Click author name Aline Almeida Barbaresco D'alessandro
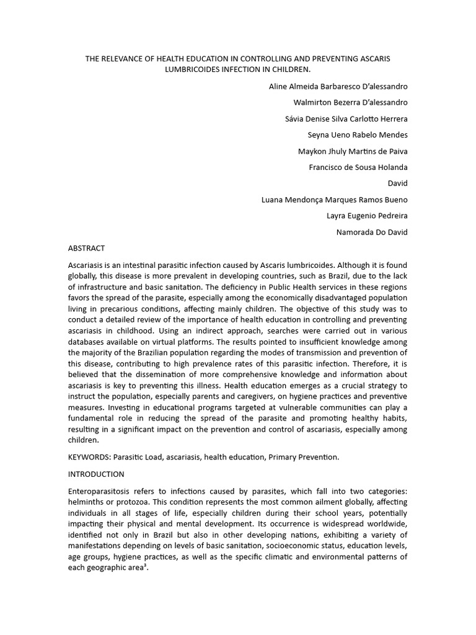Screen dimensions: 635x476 [338, 86]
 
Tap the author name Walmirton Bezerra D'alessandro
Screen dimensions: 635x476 [350, 102]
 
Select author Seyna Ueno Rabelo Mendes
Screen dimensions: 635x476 [358, 135]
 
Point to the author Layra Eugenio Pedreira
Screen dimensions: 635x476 [367, 216]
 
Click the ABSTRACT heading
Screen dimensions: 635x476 [86, 248]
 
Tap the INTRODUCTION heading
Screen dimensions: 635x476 [96, 474]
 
